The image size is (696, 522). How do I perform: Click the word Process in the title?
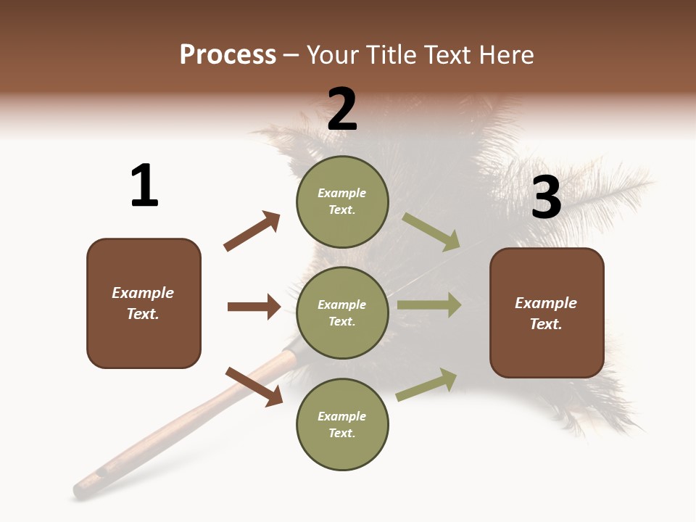(x=228, y=55)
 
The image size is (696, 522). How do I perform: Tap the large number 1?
(x=144, y=186)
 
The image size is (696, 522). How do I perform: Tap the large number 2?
(x=342, y=109)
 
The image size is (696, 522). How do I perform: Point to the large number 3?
(x=546, y=197)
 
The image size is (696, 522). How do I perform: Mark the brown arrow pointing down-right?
(x=254, y=386)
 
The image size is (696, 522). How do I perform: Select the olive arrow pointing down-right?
(x=431, y=231)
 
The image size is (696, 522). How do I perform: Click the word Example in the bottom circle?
(x=342, y=416)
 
